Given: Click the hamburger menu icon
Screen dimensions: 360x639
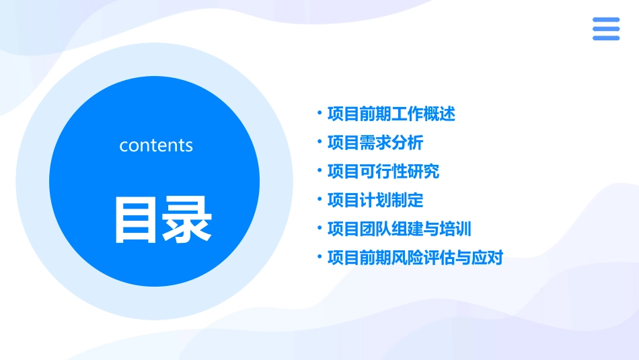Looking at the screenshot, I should pyautogui.click(x=605, y=29).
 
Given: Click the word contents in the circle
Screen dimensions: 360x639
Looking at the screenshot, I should pyautogui.click(x=156, y=145).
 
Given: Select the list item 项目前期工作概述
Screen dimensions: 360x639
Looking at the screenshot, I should pyautogui.click(x=391, y=114).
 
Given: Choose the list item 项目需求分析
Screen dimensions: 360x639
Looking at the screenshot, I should pyautogui.click(x=375, y=143).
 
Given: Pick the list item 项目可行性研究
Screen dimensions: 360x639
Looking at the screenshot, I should pyautogui.click(x=383, y=172).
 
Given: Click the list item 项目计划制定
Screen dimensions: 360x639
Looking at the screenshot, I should pyautogui.click(x=375, y=200).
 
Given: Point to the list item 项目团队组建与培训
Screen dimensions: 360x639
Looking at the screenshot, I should pyautogui.click(x=400, y=229).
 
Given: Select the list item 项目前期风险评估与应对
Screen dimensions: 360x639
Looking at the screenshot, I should pyautogui.click(x=415, y=258).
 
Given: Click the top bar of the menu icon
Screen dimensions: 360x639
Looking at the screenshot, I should pyautogui.click(x=605, y=20).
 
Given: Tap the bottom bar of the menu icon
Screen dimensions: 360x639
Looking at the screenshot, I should pyautogui.click(x=605, y=38).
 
